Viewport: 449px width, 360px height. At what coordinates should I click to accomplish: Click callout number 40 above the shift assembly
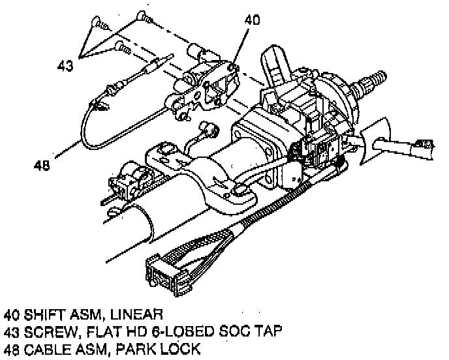pos(251,20)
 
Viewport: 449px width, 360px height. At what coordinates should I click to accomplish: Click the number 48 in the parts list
pos(13,350)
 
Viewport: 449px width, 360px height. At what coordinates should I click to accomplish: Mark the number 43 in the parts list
pos(13,331)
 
